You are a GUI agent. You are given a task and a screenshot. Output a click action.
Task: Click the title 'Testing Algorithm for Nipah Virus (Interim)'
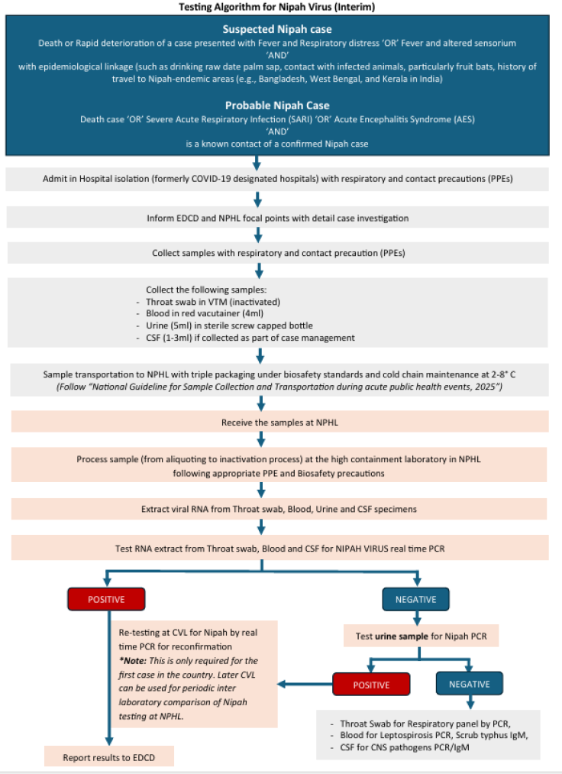coord(280,7)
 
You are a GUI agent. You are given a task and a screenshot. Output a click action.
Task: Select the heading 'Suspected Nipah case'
coord(280,28)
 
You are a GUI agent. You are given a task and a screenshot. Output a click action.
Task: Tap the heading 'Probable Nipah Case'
coord(280,105)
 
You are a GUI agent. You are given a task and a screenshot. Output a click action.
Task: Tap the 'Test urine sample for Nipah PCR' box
coord(415,635)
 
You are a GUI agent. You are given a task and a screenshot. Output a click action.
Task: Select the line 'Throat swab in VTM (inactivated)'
coord(206,303)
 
